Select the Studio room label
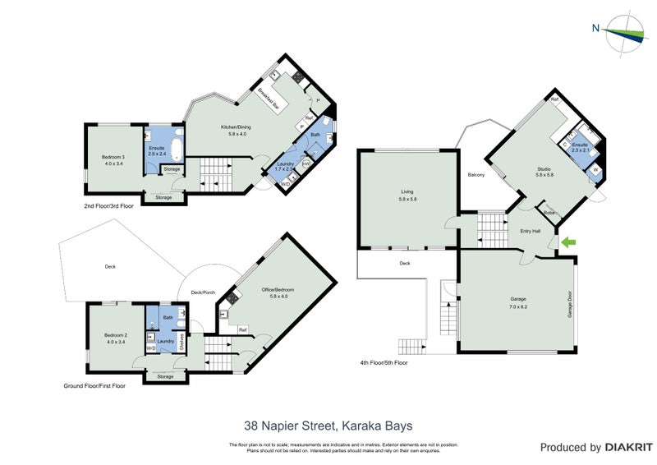click(544, 171)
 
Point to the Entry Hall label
click(531, 231)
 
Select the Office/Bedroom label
click(277, 293)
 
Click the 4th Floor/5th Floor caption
click(384, 362)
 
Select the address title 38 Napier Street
click(328, 426)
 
